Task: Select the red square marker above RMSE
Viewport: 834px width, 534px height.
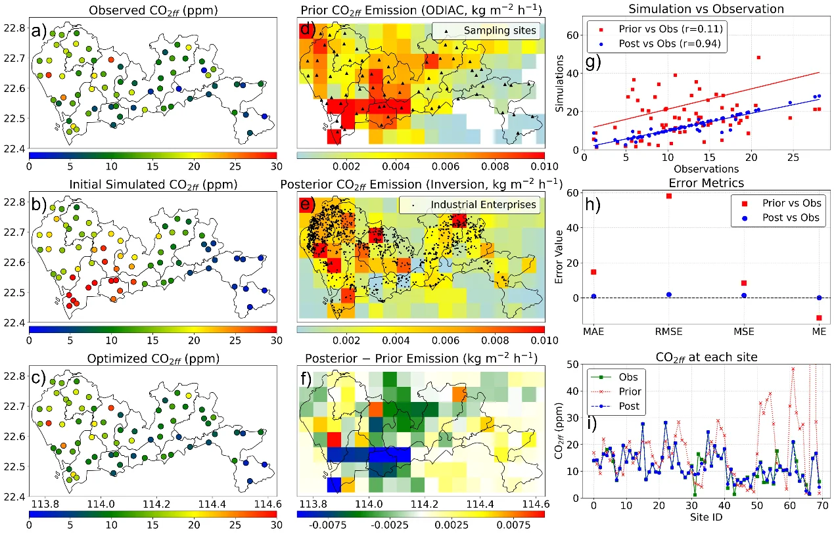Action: tap(669, 196)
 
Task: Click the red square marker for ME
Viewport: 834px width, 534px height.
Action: tap(819, 318)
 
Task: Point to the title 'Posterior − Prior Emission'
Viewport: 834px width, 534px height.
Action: tap(421, 359)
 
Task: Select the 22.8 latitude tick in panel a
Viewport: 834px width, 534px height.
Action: tap(14, 28)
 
